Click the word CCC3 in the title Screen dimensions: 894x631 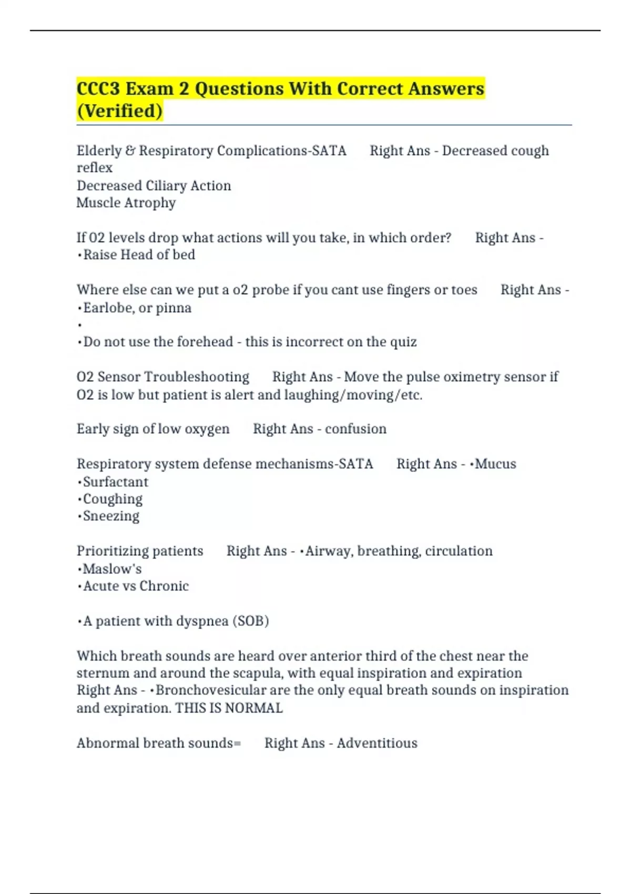point(98,88)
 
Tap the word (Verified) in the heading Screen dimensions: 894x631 point(119,111)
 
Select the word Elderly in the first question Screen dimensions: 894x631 point(99,151)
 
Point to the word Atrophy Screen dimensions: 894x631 point(150,203)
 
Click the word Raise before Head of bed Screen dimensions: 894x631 point(100,255)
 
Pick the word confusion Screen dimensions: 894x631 point(355,429)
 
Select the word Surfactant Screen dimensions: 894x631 point(116,482)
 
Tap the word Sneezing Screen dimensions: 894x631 point(111,516)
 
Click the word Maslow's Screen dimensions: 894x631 point(112,569)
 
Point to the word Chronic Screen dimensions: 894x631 point(164,586)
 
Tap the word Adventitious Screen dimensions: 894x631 point(377,743)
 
